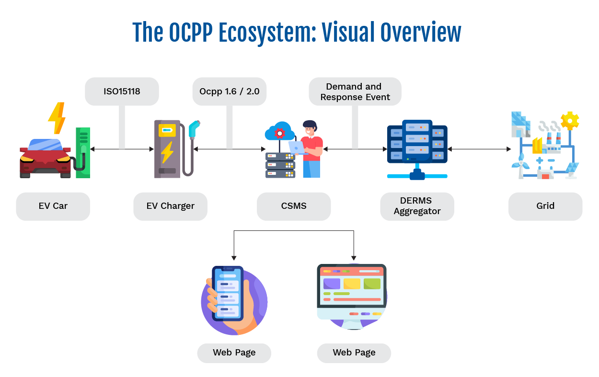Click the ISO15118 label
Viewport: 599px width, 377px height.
pos(122,91)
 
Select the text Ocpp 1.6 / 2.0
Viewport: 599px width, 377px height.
pos(229,91)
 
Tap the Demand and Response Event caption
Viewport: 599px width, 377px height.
pos(355,92)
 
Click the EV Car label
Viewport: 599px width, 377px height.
pos(53,206)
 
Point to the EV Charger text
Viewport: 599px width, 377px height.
pos(170,206)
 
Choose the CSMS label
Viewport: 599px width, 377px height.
pos(293,206)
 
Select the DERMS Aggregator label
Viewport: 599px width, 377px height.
pos(417,206)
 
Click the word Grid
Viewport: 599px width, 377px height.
pos(545,206)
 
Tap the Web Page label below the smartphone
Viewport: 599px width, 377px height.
pos(234,353)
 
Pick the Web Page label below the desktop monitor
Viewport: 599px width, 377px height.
pos(354,353)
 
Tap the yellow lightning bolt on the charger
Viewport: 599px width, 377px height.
pos(167,152)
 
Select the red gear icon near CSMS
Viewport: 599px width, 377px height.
pos(279,133)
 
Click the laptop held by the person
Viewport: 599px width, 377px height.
pos(296,148)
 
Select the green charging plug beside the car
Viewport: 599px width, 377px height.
pos(83,139)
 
